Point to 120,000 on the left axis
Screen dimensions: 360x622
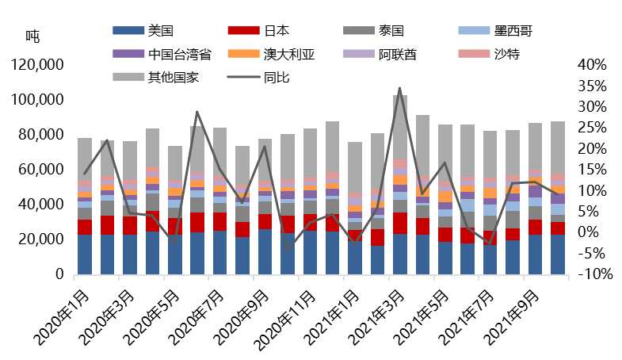coord(37,65)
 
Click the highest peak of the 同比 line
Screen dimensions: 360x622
coord(400,88)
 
